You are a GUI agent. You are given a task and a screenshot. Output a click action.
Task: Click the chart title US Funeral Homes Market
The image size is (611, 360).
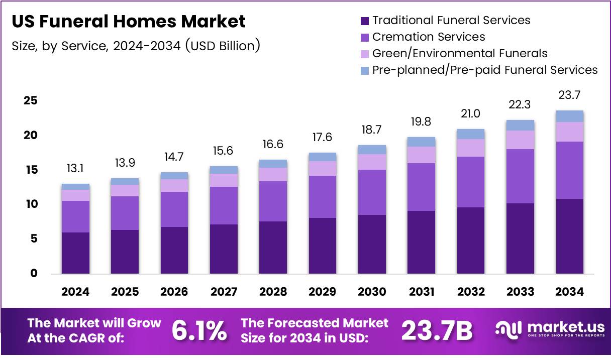tap(129, 22)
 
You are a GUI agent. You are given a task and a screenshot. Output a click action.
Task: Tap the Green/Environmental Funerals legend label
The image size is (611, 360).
tap(459, 53)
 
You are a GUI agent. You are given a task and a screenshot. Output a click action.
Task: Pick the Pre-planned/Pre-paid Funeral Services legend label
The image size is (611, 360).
tap(485, 70)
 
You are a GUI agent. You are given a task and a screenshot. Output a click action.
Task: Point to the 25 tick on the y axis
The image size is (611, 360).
tap(31, 101)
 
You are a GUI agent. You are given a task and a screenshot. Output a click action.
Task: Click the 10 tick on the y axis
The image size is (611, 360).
tap(31, 204)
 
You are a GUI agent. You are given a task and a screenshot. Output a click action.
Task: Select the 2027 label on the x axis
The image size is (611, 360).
tap(224, 292)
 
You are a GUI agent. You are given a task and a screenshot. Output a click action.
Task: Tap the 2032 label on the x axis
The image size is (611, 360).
tap(471, 292)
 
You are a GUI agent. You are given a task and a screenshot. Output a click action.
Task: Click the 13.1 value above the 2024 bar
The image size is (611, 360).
tap(75, 169)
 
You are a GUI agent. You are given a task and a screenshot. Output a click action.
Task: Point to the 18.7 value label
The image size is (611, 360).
tap(372, 130)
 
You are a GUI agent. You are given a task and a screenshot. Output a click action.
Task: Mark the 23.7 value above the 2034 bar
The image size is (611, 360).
tap(570, 95)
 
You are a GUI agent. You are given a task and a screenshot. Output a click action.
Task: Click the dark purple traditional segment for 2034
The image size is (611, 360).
tap(570, 236)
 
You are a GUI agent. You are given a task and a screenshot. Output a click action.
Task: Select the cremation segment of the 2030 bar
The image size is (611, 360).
tap(372, 192)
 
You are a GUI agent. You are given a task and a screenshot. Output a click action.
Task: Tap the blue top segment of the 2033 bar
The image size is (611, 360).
tap(521, 125)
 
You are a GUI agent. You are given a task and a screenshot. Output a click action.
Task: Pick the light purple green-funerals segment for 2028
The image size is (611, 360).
tap(273, 174)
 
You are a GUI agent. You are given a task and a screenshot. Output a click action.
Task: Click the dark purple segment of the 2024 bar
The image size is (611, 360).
tap(75, 253)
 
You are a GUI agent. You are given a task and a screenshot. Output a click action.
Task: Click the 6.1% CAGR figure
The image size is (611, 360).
tap(199, 331)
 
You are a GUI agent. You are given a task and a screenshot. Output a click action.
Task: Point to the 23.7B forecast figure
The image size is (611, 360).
tap(437, 331)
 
